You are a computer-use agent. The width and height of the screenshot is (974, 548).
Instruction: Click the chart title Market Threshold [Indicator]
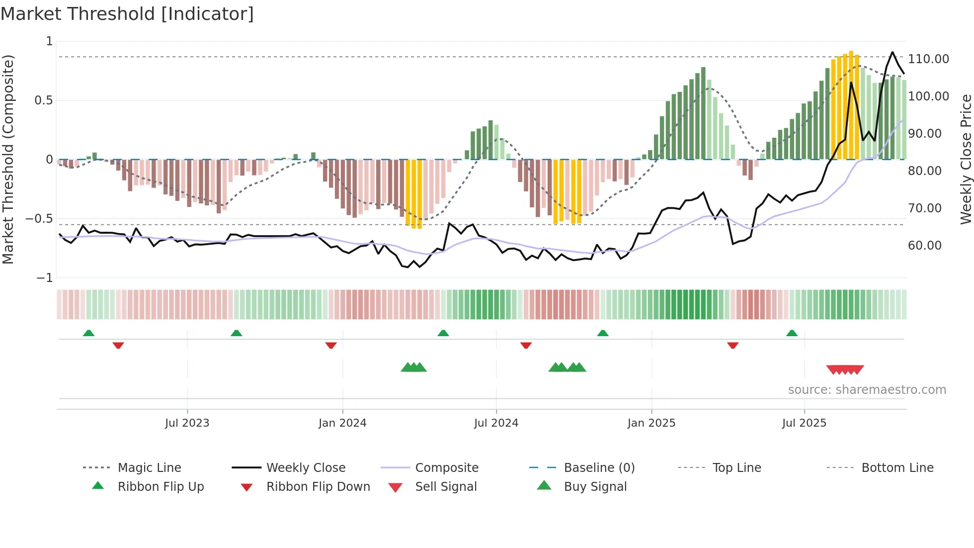127,14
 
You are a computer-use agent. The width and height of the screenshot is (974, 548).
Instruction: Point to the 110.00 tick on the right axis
928,59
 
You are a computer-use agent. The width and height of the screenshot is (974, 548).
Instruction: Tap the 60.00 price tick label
924,246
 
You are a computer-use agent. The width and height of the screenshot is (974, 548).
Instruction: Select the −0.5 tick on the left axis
39,219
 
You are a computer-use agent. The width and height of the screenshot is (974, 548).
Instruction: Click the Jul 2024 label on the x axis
496,423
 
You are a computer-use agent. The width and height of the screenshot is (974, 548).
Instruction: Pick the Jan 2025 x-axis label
651,423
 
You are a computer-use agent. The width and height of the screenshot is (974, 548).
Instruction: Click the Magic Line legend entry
149,468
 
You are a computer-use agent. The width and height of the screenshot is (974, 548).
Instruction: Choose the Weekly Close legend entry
306,468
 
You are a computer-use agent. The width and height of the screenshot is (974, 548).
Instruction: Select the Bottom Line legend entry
897,468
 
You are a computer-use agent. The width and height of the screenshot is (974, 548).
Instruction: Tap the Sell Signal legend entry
446,487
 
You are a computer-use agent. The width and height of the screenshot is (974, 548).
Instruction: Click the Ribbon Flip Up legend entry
161,487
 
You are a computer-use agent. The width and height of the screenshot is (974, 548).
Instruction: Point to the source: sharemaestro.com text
867,390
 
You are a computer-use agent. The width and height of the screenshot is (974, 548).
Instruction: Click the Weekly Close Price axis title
966,159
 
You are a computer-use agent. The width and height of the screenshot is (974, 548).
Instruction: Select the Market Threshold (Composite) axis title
8,159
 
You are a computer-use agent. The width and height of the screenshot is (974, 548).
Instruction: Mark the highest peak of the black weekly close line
893,52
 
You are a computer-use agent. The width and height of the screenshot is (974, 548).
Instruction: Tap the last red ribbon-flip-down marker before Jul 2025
732,345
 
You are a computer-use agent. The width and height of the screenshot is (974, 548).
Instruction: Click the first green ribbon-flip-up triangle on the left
88,333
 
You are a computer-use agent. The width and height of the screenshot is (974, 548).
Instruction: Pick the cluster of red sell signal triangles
845,369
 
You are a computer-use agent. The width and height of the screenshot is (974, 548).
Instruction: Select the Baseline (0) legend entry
599,468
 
